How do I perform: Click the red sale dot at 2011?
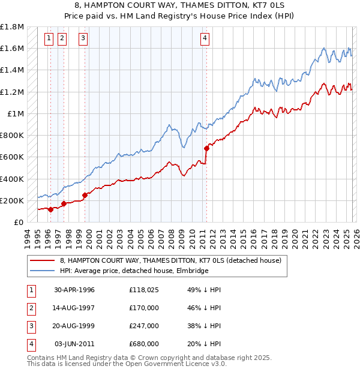pyautogui.click(x=206, y=148)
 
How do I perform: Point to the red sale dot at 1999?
pyautogui.click(x=85, y=195)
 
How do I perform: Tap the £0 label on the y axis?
pyautogui.click(x=19, y=222)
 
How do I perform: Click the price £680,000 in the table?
pyautogui.click(x=144, y=344)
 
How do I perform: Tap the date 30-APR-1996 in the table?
pyautogui.click(x=74, y=290)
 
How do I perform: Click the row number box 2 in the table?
pyautogui.click(x=30, y=308)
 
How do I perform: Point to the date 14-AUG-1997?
pyautogui.click(x=74, y=308)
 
